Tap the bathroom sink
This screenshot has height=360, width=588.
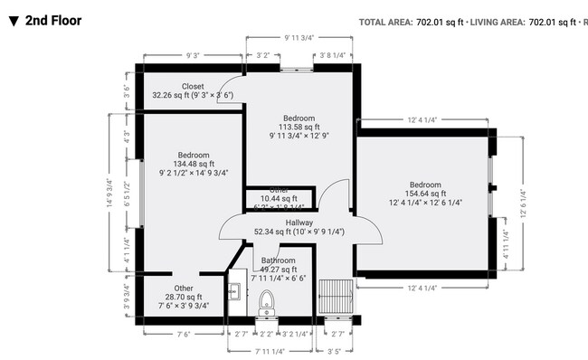(x=233, y=290)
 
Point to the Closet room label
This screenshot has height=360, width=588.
(x=193, y=86)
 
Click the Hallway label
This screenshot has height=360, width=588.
(x=299, y=223)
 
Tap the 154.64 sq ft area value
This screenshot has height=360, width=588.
(x=425, y=193)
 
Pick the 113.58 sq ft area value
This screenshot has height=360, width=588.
(x=299, y=128)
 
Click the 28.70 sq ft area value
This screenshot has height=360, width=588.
(x=184, y=297)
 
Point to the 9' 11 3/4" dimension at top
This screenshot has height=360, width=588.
(x=298, y=37)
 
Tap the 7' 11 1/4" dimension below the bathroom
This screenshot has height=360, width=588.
(x=270, y=350)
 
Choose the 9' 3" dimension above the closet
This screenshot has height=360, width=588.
(x=193, y=55)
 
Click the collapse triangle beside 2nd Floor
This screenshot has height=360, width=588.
(x=12, y=20)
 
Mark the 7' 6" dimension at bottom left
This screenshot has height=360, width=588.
(x=184, y=334)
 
